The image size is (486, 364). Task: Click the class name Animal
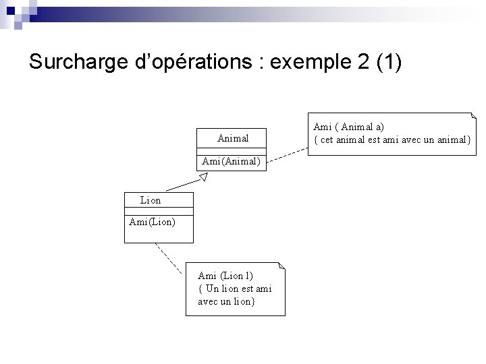tap(233, 138)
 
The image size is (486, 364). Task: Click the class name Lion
tap(151, 200)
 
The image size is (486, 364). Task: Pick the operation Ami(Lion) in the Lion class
tap(152, 221)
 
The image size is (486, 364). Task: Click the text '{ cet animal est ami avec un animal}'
tap(392, 140)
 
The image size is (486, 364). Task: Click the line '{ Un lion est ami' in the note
tap(234, 288)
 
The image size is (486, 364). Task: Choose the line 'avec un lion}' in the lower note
tap(226, 301)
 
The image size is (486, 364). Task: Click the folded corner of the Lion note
tap(282, 266)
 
